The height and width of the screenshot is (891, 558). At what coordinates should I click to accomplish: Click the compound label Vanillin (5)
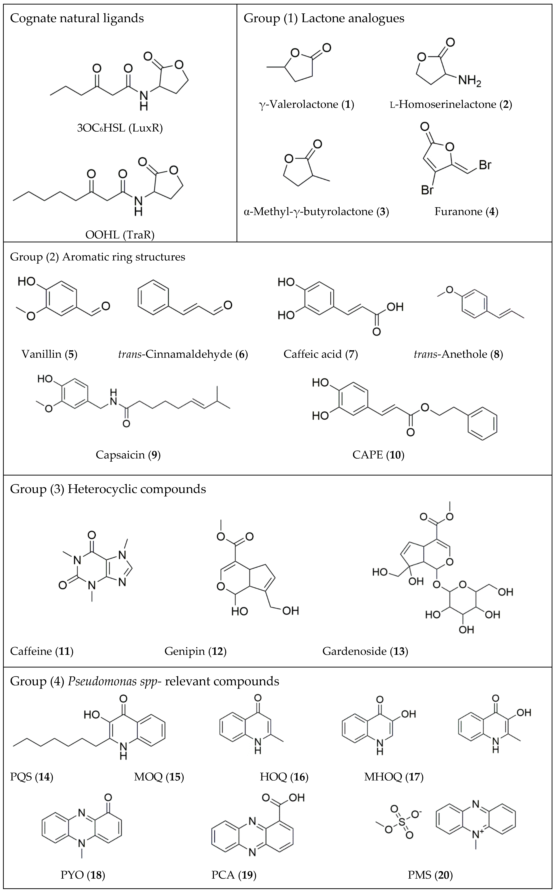pos(49,354)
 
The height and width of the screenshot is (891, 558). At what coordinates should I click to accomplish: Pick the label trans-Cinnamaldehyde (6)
pos(183,354)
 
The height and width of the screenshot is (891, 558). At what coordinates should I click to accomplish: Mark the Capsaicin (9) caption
pos(128,455)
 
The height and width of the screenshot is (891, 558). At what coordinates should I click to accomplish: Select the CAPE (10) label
pos(378,455)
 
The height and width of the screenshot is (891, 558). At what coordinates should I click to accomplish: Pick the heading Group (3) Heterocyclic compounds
pos(108,489)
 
